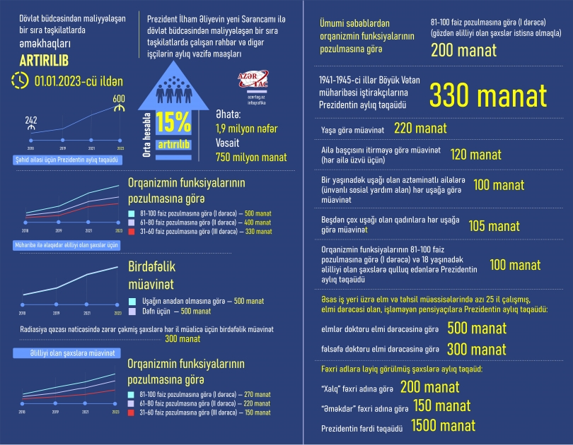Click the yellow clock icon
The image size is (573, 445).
tap(20, 81)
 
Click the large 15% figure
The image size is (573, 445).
tap(174, 124)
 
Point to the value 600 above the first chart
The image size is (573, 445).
tap(119, 99)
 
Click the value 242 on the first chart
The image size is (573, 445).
tap(31, 120)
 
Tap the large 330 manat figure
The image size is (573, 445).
tap(489, 95)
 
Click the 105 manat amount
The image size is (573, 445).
tap(494, 227)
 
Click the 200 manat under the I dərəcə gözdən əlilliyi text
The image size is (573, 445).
tap(463, 51)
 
